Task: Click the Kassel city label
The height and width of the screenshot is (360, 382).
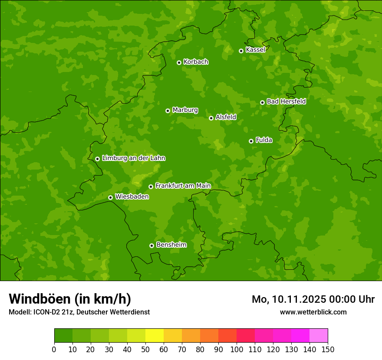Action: click(x=255, y=50)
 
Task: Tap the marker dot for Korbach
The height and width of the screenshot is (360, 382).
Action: click(x=179, y=62)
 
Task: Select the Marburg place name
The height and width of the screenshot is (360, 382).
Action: click(x=185, y=110)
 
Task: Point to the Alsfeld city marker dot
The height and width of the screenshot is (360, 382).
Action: click(x=211, y=118)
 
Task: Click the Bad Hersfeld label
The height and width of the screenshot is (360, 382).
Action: click(x=286, y=101)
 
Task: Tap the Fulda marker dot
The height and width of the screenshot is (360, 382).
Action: click(x=251, y=141)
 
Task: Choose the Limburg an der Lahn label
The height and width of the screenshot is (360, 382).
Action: click(x=133, y=158)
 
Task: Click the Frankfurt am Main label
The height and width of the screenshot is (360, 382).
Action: click(x=183, y=186)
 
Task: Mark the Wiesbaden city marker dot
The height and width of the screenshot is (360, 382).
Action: click(x=110, y=197)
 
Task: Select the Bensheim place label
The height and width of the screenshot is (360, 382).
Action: click(x=171, y=245)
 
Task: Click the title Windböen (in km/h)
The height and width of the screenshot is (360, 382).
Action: click(x=70, y=299)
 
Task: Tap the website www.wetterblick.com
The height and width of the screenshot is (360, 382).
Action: click(x=313, y=312)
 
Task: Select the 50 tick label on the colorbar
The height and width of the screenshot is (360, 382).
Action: click(x=145, y=350)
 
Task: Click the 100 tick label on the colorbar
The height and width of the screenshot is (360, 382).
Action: click(x=237, y=350)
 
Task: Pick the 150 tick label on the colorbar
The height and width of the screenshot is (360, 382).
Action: click(x=328, y=350)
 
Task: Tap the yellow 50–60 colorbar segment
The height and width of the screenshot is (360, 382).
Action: click(x=155, y=336)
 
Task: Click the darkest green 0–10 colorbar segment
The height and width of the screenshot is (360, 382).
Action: click(x=63, y=336)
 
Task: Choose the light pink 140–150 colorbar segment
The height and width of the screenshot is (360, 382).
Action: click(x=319, y=336)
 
